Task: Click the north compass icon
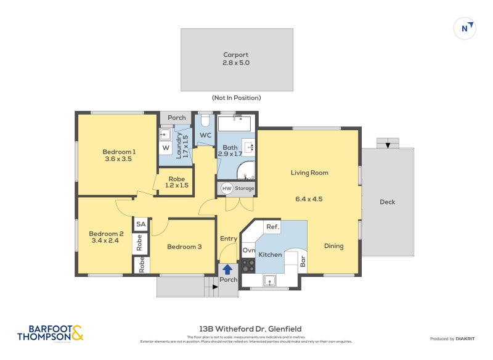click(x=466, y=28)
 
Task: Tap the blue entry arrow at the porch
click(x=227, y=269)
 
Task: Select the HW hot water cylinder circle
click(x=227, y=189)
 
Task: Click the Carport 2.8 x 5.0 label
click(x=236, y=59)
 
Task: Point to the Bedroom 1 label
click(x=118, y=155)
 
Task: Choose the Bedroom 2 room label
click(x=106, y=237)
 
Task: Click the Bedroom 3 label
click(x=185, y=247)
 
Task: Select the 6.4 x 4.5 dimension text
click(x=308, y=198)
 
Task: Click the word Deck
click(x=387, y=202)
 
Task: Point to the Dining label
click(x=334, y=246)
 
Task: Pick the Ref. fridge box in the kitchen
click(x=272, y=227)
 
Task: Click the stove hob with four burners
click(x=248, y=266)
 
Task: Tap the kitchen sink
click(x=269, y=281)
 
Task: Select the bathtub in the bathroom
click(x=234, y=123)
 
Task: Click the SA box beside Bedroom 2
click(x=141, y=224)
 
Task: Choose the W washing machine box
click(x=166, y=148)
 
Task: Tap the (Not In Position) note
click(x=236, y=98)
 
